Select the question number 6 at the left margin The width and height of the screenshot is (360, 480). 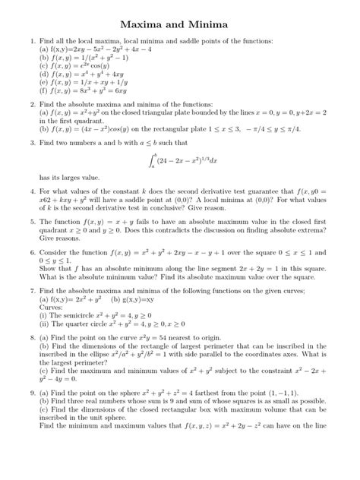click(32, 252)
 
